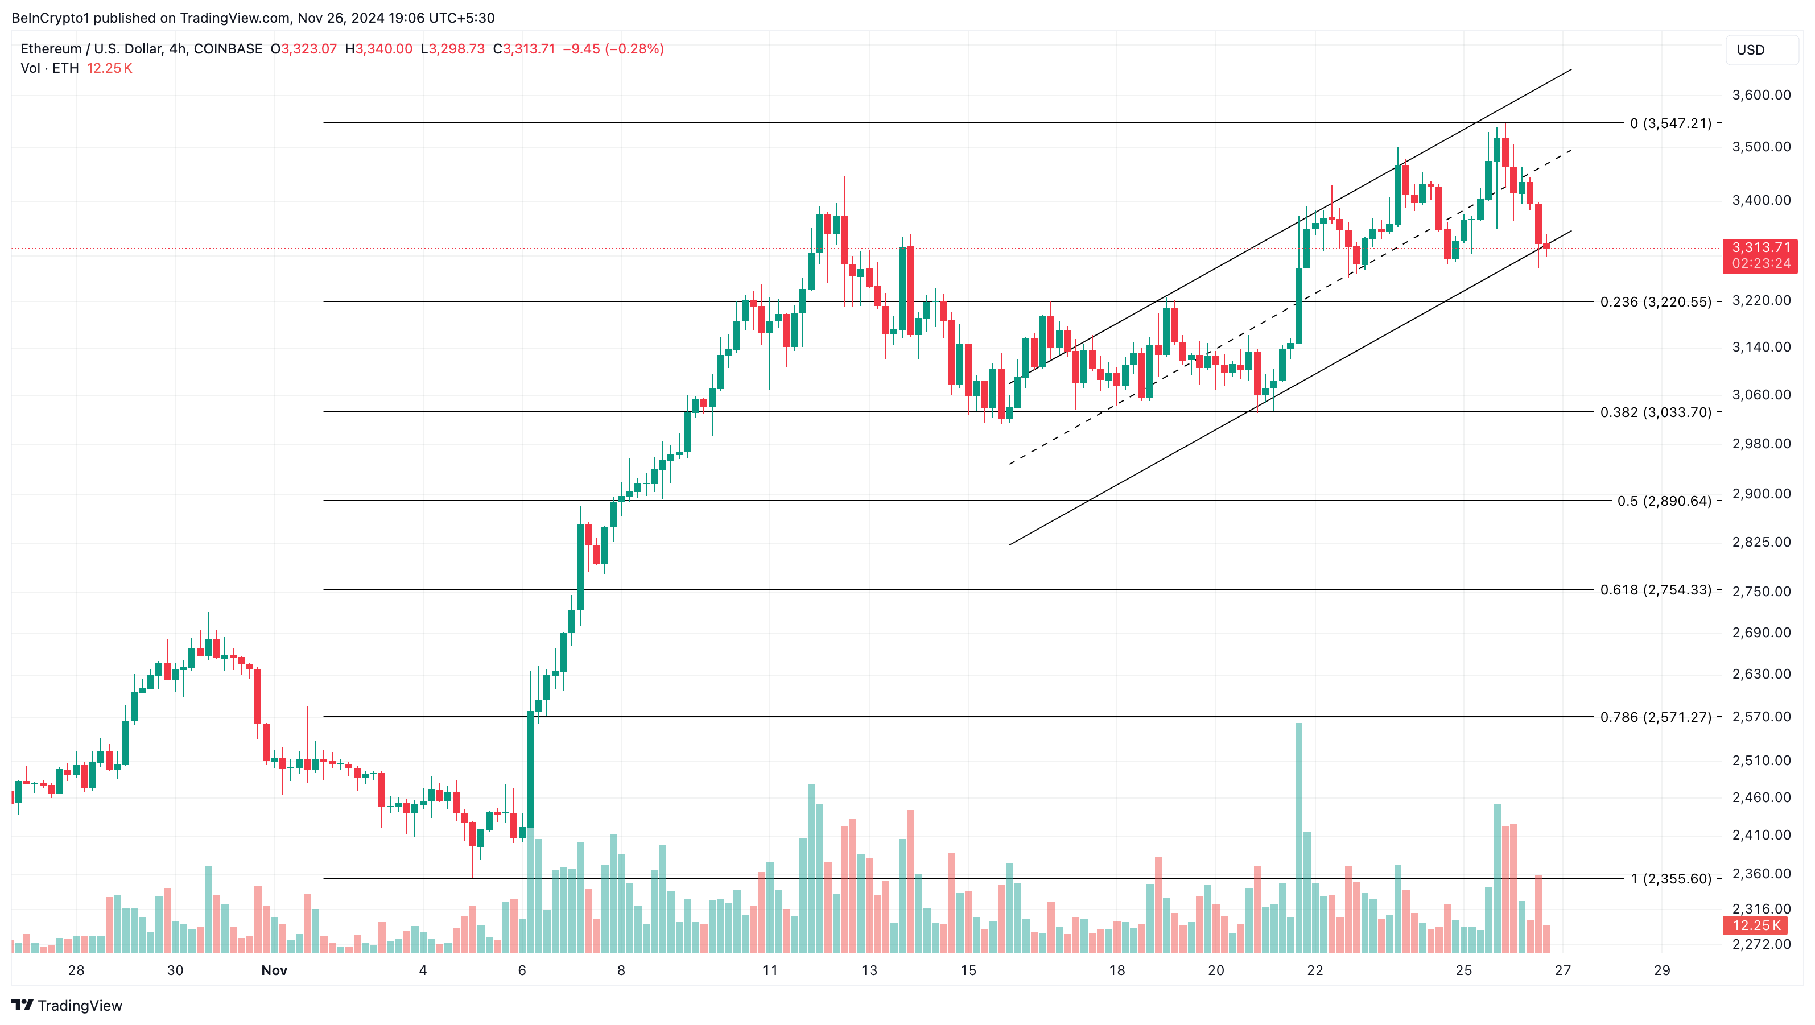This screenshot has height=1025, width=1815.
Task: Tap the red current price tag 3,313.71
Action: point(1759,248)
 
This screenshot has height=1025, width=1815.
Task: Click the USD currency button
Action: point(1750,50)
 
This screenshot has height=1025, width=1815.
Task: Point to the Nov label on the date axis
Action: point(274,970)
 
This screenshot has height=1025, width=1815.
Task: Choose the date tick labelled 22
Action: point(1315,970)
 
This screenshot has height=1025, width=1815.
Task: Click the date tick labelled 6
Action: point(522,970)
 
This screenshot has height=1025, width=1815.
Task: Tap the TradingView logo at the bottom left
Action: point(67,1005)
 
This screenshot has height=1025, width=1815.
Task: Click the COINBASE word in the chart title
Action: point(228,48)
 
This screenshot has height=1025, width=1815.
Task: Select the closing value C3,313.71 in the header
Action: point(523,48)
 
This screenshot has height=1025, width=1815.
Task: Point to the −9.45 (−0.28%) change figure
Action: point(613,48)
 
